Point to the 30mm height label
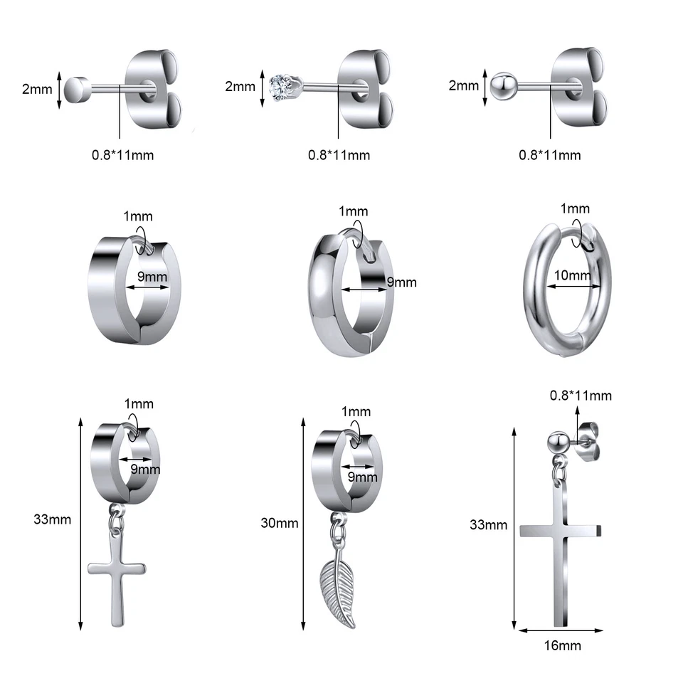280,523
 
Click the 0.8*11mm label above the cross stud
581,396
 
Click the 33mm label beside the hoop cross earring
52,519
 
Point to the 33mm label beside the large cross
489,525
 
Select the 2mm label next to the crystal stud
240,87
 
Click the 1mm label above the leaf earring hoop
356,411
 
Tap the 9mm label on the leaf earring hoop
363,477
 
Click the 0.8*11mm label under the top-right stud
550,155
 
